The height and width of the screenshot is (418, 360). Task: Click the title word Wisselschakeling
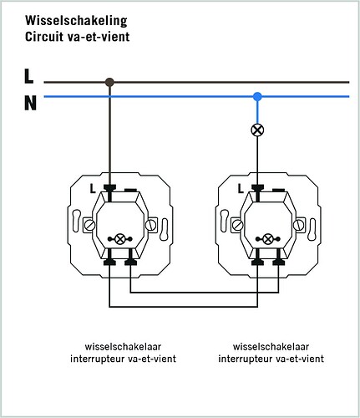[x=76, y=21]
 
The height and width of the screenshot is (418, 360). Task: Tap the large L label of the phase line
[x=28, y=76]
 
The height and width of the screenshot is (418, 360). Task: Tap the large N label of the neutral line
[x=30, y=103]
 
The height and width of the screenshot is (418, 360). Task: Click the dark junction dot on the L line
[x=109, y=82]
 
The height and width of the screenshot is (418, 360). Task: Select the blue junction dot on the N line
[x=257, y=97]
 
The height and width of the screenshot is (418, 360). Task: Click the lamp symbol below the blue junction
[x=257, y=130]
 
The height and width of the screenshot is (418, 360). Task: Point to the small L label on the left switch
[x=93, y=189]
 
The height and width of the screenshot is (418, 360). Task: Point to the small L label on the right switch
[x=241, y=189]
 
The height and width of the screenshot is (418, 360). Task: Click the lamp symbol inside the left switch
[x=120, y=239]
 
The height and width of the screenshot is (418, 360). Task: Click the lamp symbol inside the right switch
[x=268, y=239]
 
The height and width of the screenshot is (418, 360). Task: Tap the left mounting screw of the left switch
[x=89, y=225]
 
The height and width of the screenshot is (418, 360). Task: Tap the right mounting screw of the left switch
[x=150, y=225]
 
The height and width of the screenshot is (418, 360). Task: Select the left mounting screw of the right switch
[x=237, y=225]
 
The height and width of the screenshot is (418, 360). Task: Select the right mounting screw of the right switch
[x=298, y=225]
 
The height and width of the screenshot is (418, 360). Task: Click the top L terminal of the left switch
[x=109, y=187]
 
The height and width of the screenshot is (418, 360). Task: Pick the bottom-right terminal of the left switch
[x=130, y=263]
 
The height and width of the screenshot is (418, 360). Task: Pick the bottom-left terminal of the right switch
[x=257, y=263]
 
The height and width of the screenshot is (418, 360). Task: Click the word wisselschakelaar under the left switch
[x=123, y=347]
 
